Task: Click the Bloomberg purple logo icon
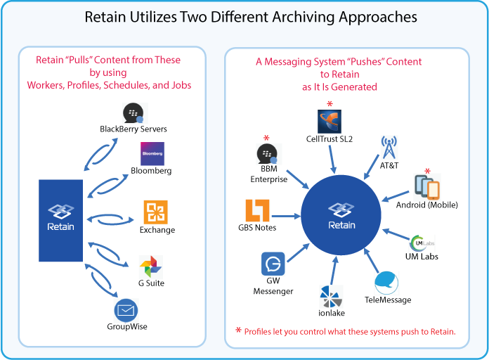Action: click(x=152, y=154)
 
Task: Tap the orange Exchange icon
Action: click(x=155, y=212)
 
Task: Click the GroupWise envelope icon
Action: click(x=127, y=310)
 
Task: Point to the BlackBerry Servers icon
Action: click(x=134, y=113)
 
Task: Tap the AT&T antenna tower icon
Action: click(x=389, y=147)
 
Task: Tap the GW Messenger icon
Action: click(x=273, y=264)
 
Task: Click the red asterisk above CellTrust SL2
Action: click(x=330, y=104)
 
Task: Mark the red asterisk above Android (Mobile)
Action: click(x=427, y=171)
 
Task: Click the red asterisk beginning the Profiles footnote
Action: click(x=238, y=330)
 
